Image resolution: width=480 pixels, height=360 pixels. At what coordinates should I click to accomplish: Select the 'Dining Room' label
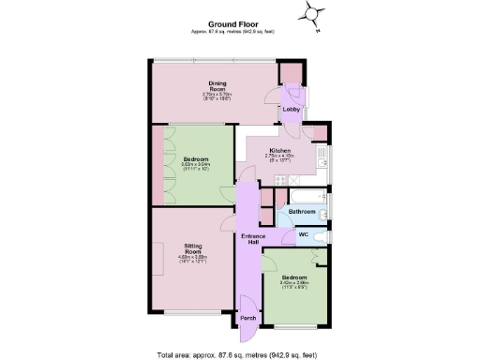(217, 86)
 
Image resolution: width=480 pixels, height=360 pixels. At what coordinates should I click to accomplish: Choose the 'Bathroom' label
(301, 212)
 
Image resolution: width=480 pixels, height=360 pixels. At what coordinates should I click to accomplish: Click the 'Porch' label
(248, 318)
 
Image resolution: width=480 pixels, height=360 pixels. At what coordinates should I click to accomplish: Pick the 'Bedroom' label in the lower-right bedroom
(293, 277)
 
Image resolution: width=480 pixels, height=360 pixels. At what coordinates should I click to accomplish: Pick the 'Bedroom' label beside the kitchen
(195, 160)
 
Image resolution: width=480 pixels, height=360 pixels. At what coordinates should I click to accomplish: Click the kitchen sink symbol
(322, 155)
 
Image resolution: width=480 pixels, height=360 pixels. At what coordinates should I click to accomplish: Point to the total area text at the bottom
(239, 354)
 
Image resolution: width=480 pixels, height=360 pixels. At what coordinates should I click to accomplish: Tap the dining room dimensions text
(217, 97)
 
